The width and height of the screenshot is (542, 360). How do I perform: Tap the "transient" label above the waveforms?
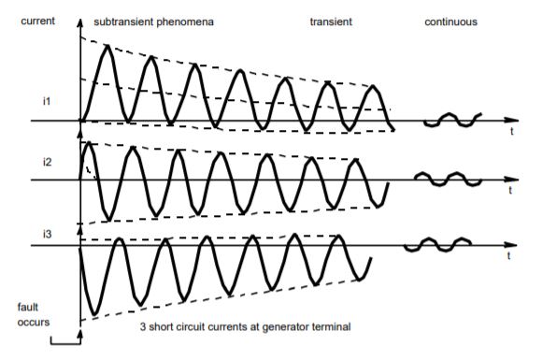(x=331, y=20)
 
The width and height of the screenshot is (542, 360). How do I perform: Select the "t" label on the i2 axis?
(x=512, y=191)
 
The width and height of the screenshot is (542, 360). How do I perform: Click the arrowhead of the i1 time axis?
(x=511, y=121)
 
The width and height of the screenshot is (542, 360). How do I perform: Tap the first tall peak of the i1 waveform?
(x=107, y=47)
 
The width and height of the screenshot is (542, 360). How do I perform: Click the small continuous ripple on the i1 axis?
(x=451, y=120)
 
